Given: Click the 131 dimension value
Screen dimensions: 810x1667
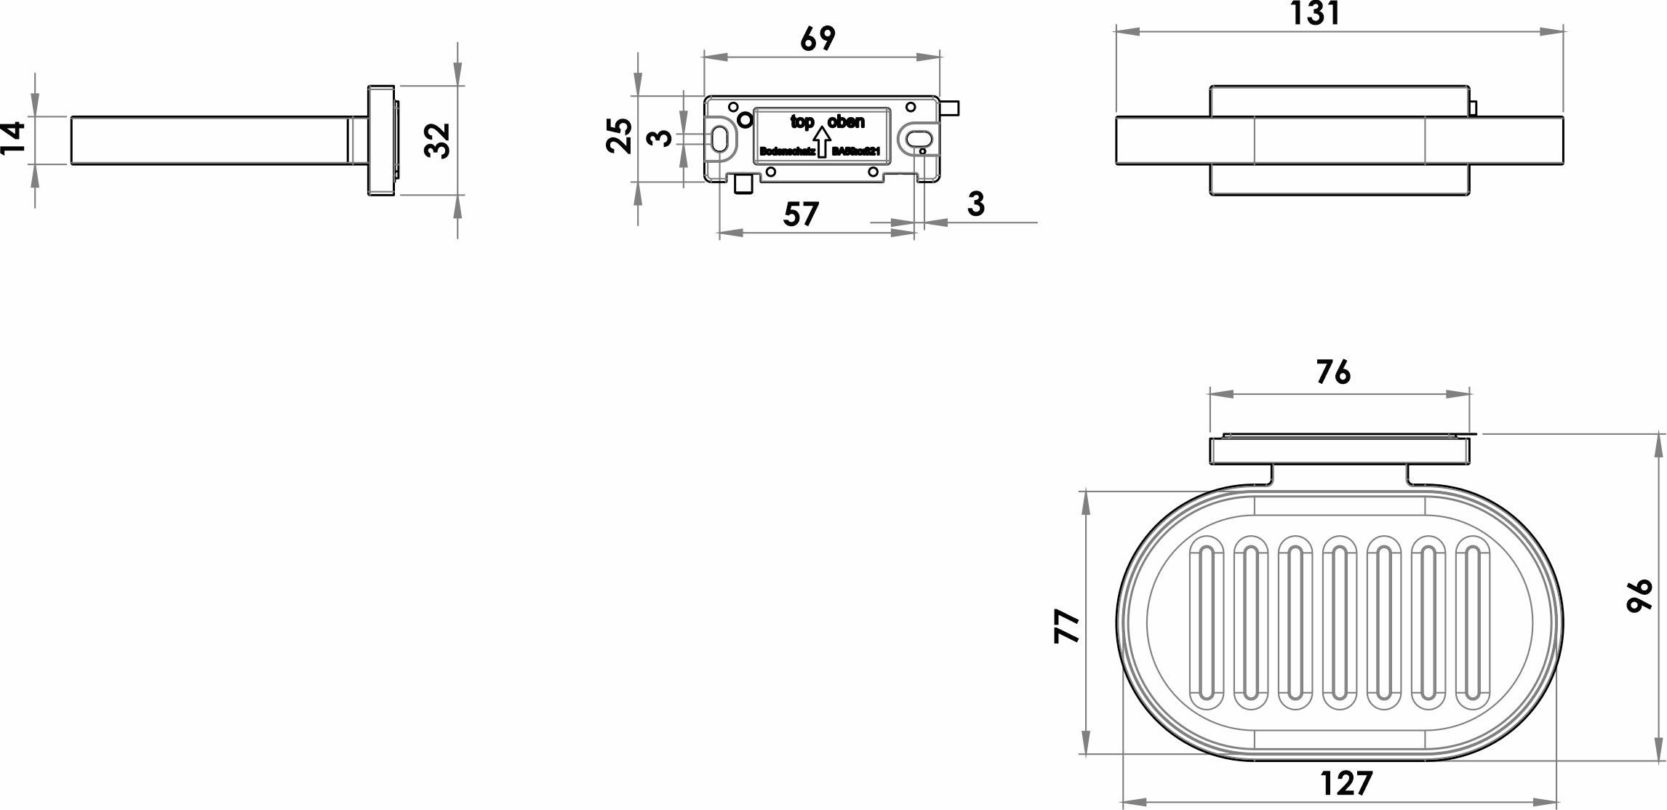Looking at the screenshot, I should coord(1316,14).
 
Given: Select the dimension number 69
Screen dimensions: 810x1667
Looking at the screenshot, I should coord(817,39).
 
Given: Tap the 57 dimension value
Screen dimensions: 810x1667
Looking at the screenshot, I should coord(801,214).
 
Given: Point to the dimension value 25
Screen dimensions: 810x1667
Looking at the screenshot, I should coord(619,135).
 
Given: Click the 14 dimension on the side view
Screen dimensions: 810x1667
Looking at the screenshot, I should coord(13,137).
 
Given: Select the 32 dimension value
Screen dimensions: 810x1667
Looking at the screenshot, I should coord(438,140).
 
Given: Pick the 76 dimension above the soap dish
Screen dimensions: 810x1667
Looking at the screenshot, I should coord(1333,372).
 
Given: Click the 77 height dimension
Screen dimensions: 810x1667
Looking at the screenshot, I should coord(1067,626).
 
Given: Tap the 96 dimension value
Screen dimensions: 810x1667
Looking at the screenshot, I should coord(1639,596).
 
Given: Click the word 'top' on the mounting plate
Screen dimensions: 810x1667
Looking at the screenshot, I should coord(802,122).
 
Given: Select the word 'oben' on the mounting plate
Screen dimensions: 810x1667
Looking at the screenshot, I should coord(846,122).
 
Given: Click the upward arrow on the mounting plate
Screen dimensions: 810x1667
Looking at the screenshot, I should coord(821,142).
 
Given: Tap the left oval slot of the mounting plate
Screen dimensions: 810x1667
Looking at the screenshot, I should coord(719,138).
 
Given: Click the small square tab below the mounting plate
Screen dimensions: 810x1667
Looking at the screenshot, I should coord(743,186).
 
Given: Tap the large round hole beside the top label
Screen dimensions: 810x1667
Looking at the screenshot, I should coord(745,120).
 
